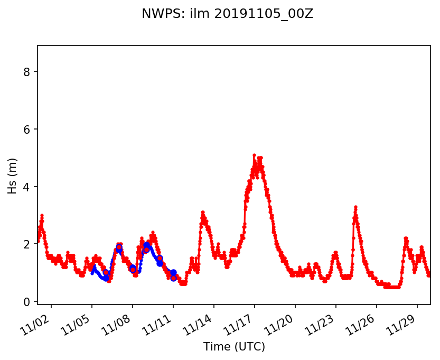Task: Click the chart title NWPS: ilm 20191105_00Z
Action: click(227, 14)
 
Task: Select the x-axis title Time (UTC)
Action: click(234, 347)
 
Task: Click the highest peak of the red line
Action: click(254, 155)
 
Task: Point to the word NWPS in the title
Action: click(157, 14)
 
